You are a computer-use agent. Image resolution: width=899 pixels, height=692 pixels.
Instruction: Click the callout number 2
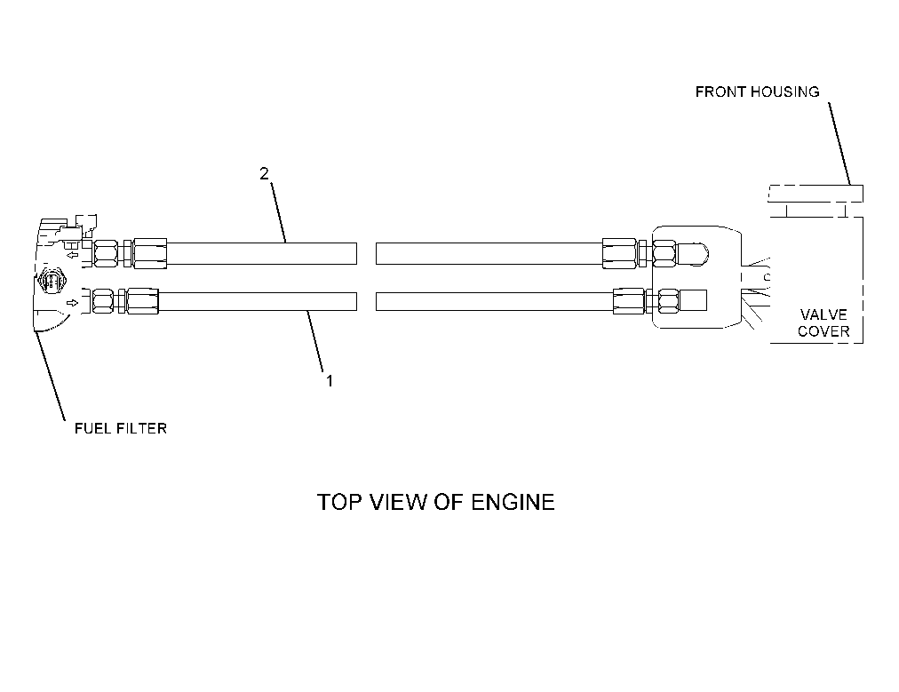click(264, 173)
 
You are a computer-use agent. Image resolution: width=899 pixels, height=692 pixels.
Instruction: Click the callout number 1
click(330, 381)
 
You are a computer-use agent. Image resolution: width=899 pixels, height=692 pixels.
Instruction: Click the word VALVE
click(823, 314)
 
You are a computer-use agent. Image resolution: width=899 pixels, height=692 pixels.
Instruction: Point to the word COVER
click(823, 331)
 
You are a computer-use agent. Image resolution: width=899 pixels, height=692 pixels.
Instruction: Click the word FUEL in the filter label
click(93, 428)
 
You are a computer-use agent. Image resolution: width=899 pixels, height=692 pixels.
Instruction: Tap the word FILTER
click(142, 428)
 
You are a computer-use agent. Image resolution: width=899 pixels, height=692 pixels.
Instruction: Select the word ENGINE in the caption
click(513, 502)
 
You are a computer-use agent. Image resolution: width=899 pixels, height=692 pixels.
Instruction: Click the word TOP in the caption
click(340, 502)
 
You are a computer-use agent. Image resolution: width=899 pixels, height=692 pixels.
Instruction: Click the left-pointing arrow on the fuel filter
click(72, 255)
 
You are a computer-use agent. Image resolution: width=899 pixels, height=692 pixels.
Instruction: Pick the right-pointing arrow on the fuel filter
click(73, 303)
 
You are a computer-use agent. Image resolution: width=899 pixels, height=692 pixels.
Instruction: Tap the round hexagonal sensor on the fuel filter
click(52, 282)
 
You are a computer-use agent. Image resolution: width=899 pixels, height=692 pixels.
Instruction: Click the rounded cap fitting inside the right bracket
click(693, 253)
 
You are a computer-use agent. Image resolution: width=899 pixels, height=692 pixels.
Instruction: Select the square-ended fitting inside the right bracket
click(693, 300)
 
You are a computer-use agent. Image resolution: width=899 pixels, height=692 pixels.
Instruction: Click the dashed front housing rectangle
click(815, 194)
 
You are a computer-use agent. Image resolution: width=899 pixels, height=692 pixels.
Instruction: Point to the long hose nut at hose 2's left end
click(149, 253)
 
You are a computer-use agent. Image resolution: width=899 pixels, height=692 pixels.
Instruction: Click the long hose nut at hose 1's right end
click(629, 301)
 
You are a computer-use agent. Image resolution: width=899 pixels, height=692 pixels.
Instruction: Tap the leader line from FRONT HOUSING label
click(839, 143)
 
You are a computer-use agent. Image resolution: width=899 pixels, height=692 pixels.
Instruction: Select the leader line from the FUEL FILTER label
click(50, 373)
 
